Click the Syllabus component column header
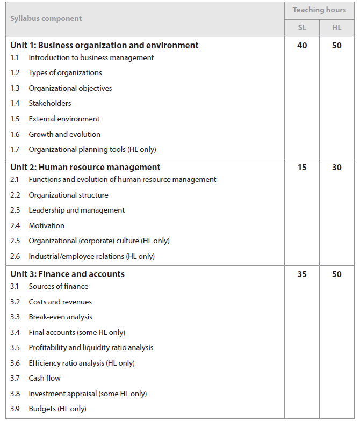click(46, 19)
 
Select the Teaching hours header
click(319, 10)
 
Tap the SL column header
click(302, 27)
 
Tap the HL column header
click(336, 27)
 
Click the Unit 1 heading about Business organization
click(104, 46)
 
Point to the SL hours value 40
click(302, 46)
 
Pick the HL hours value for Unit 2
click(336, 168)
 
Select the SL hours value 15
click(302, 168)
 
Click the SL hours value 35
click(302, 274)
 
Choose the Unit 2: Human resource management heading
click(85, 168)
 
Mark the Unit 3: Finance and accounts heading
click(67, 274)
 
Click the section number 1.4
click(15, 104)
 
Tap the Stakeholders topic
click(50, 104)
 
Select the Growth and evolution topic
click(64, 134)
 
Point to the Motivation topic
click(47, 226)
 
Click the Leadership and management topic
click(77, 210)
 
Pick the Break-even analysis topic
click(61, 317)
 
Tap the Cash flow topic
click(45, 379)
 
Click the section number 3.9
click(15, 409)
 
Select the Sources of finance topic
click(59, 287)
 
